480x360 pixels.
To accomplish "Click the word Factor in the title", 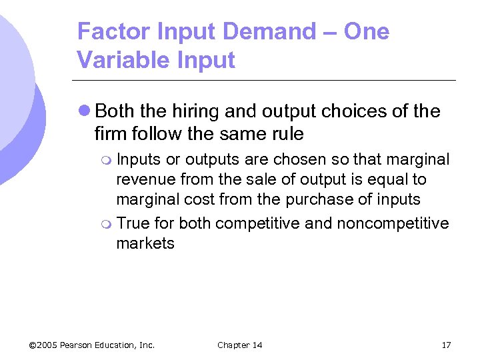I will pyautogui.click(x=108, y=31).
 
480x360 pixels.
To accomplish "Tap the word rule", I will pyautogui.click(x=286, y=134).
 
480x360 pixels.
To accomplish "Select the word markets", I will pyautogui.click(x=145, y=243).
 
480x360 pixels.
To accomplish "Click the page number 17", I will pyautogui.click(x=446, y=345).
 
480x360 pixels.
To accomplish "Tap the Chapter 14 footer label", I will pyautogui.click(x=240, y=345).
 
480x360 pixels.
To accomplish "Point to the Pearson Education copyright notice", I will pyautogui.click(x=92, y=345).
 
